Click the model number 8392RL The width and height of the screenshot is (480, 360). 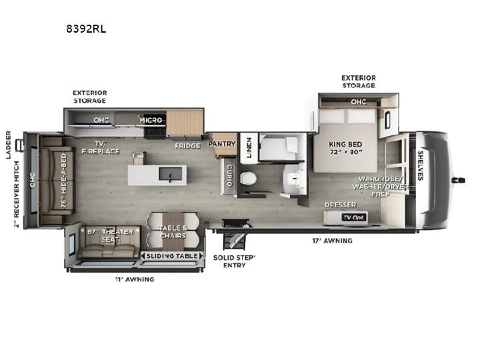point(86,29)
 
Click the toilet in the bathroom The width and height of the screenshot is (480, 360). point(248,179)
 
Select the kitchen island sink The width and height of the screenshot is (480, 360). point(170,174)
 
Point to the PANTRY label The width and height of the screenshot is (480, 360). point(222,143)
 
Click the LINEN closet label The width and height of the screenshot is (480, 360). point(249,147)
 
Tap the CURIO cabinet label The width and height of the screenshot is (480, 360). point(229,176)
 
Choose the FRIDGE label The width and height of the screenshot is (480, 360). point(187,146)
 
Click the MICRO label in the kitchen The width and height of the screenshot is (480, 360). point(151,120)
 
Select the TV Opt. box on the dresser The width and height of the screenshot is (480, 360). point(354,217)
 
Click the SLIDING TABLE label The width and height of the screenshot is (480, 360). point(172,256)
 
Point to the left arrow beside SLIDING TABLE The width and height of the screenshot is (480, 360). point(143,256)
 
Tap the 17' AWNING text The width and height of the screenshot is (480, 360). point(332,241)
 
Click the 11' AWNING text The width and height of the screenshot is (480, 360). point(135,279)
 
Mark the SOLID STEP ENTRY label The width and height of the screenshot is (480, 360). point(234,261)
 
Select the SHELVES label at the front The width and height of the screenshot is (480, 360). point(421,165)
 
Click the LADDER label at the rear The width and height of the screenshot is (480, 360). point(8,145)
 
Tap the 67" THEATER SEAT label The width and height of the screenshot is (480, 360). point(110,236)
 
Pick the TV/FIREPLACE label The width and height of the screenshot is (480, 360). point(101,147)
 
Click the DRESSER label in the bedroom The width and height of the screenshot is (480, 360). point(341,205)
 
